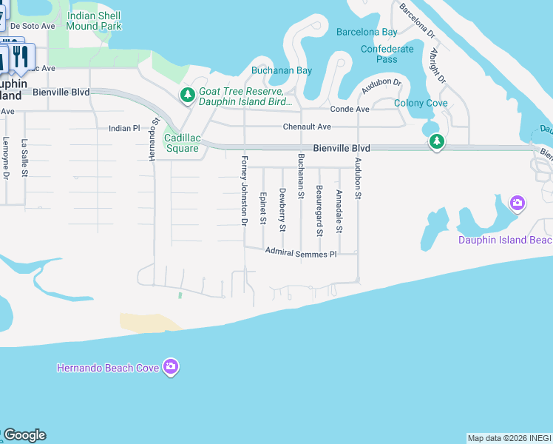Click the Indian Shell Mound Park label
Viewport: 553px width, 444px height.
point(93,20)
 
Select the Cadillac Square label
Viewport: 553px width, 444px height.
point(181,143)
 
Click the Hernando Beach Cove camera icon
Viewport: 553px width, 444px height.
point(171,367)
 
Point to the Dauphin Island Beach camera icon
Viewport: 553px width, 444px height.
point(518,203)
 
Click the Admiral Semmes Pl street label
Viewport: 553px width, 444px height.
point(301,253)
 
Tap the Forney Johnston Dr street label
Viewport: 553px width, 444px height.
point(243,190)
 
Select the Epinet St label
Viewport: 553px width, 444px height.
point(262,208)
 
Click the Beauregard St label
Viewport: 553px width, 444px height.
point(319,212)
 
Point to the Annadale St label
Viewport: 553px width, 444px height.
point(339,211)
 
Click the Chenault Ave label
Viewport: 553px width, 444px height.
point(307,127)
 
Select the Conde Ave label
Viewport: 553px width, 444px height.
point(349,109)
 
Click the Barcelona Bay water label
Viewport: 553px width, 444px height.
point(367,32)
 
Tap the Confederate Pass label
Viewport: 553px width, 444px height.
point(387,54)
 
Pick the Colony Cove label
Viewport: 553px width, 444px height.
point(421,103)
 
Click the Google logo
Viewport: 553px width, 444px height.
point(24,435)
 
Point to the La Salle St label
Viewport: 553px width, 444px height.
point(24,158)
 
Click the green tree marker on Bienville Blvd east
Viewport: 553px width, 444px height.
point(437,143)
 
